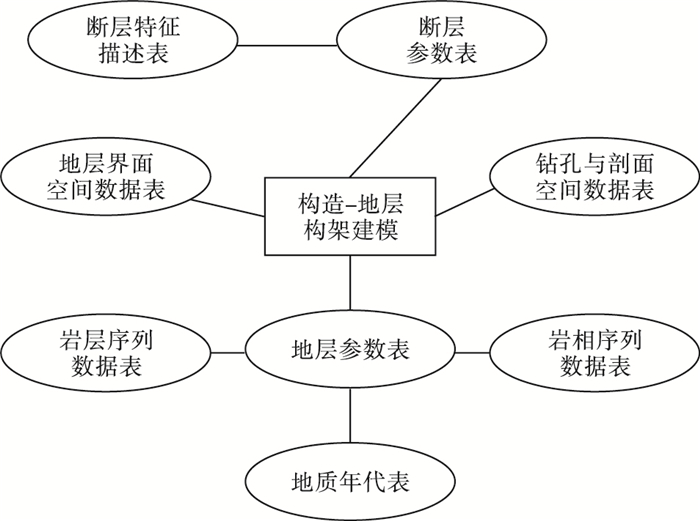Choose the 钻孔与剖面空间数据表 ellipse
tap(594, 178)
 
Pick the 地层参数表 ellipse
tap(350, 352)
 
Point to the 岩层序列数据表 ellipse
tap(107, 352)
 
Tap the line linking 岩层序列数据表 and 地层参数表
tap(229, 352)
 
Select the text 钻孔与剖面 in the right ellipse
tap(594, 165)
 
